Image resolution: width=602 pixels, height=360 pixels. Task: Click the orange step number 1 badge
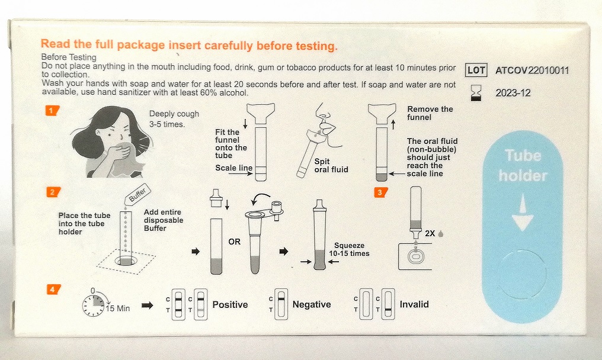pos(52,111)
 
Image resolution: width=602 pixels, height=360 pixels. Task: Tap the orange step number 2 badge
pos(53,192)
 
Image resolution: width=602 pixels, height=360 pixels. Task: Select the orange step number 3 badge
pos(380,192)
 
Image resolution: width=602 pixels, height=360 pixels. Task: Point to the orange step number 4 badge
pos(53,289)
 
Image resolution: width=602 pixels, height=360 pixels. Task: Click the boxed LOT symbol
pos(476,70)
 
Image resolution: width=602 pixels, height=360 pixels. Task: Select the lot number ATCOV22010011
pos(531,70)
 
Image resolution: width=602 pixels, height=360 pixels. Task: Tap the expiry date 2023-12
pos(513,93)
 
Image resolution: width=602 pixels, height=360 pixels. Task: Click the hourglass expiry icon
pos(476,93)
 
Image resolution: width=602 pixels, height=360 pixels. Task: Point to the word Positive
pos(230,304)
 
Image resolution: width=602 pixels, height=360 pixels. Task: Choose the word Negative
pos(312,304)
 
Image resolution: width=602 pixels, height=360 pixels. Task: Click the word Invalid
pos(414,304)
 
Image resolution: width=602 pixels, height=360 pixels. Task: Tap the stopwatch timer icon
pos(94,304)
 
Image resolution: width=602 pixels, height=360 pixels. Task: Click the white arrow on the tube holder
pos(523,212)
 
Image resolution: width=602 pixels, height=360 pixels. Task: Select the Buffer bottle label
pos(137,195)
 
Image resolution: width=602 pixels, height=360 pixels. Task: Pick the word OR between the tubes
pos(234,242)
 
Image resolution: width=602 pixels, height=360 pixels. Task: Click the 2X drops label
pos(434,233)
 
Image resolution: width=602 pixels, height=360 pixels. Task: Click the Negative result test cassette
pos(281,304)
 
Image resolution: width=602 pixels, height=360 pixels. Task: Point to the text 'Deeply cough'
pos(174,114)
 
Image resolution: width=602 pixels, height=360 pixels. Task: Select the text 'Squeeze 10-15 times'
pos(349,249)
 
